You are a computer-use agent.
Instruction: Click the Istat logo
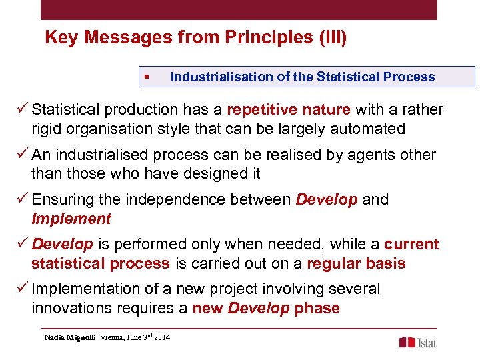pyautogui.click(x=418, y=342)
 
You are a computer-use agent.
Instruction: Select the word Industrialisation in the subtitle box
pyautogui.click(x=222, y=77)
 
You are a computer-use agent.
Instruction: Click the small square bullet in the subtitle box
pyautogui.click(x=146, y=77)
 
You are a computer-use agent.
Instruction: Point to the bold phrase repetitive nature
pyautogui.click(x=289, y=109)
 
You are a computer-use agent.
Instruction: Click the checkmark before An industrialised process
pyautogui.click(x=23, y=155)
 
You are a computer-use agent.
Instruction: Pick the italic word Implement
pyautogui.click(x=71, y=219)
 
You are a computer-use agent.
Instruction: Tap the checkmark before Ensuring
pyautogui.click(x=23, y=199)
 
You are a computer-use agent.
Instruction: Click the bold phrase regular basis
pyautogui.click(x=356, y=263)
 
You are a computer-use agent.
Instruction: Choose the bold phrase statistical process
pyautogui.click(x=100, y=263)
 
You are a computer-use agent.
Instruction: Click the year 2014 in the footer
pyautogui.click(x=161, y=337)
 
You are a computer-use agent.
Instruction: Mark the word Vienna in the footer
pyautogui.click(x=112, y=337)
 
